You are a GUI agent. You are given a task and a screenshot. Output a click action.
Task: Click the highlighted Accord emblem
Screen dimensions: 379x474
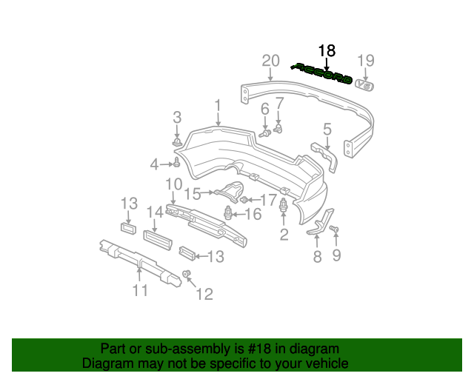click(323, 73)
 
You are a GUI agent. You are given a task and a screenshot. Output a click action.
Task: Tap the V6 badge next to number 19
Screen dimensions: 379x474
click(365, 85)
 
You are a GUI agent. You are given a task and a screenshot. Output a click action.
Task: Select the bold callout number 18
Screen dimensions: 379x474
click(327, 51)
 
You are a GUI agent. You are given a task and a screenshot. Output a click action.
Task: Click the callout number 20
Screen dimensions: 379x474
click(270, 61)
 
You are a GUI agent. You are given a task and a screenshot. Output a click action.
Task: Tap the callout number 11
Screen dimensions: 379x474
click(140, 291)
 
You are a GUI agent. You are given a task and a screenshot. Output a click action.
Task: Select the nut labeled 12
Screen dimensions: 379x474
click(187, 275)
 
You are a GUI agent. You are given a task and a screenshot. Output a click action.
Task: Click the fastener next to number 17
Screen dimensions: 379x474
click(246, 199)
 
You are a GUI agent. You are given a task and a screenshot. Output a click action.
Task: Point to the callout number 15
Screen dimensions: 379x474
click(193, 194)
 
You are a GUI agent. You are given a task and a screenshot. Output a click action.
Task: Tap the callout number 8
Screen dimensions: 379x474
click(317, 257)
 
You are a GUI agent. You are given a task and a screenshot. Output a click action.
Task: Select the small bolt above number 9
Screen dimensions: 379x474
click(333, 230)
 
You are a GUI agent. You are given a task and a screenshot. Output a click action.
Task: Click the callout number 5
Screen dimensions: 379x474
click(327, 129)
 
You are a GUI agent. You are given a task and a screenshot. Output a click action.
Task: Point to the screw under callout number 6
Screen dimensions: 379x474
click(265, 134)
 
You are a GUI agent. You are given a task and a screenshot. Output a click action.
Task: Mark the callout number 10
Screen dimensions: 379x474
click(173, 184)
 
